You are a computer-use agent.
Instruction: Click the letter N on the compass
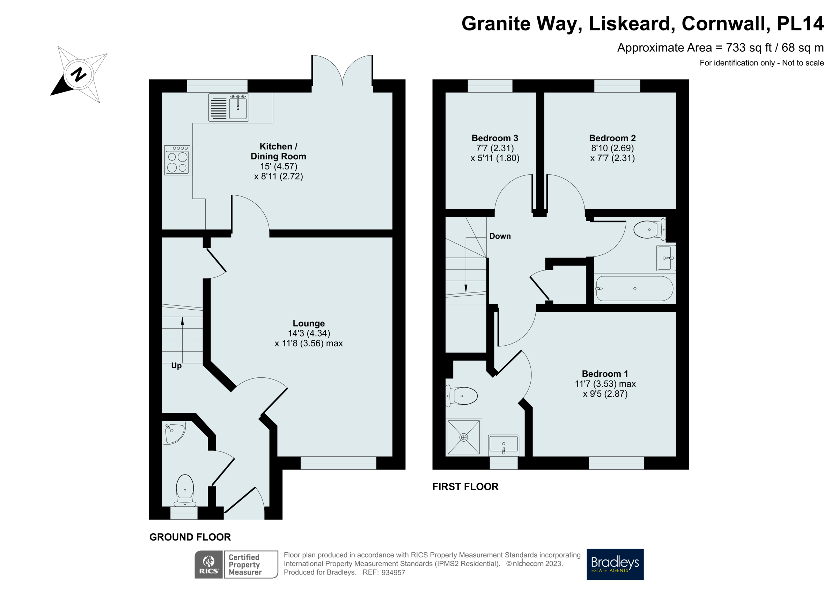[79, 74]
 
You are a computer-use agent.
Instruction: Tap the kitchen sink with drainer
[228, 107]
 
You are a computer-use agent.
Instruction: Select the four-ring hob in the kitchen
[177, 160]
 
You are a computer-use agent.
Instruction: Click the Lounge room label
[308, 323]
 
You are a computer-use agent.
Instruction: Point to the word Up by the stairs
[176, 366]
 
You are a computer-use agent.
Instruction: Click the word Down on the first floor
[500, 236]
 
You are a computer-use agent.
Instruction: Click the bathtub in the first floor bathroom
[634, 289]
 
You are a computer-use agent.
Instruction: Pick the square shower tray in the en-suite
[464, 437]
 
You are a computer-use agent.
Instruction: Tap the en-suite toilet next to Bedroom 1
[462, 396]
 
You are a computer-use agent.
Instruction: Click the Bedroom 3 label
[494, 138]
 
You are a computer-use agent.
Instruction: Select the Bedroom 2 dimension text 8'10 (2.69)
[612, 148]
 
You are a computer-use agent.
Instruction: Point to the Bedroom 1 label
[605, 374]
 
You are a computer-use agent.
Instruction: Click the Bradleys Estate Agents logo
[615, 564]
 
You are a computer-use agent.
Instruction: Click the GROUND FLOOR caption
[190, 537]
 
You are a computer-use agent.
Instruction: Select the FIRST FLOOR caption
[465, 487]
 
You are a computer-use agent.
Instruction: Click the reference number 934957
[393, 572]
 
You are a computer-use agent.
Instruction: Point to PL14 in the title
[800, 24]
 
